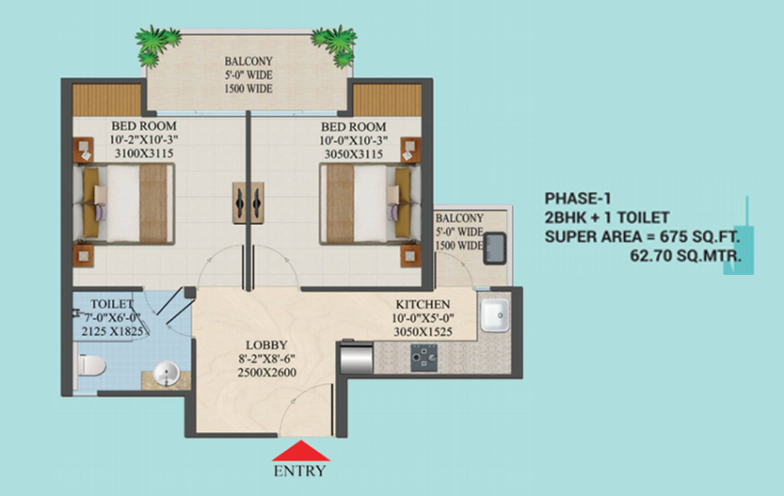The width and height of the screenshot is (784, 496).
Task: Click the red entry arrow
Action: tap(301, 451)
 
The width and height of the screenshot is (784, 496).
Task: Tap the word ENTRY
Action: tap(299, 471)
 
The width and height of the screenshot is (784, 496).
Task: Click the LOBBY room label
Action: tap(266, 345)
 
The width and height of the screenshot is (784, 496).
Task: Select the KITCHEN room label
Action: tap(423, 305)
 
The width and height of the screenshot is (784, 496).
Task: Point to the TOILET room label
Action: tap(112, 304)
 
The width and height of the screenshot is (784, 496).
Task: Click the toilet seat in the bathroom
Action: tap(90, 364)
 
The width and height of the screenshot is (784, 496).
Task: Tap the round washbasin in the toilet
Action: tap(167, 374)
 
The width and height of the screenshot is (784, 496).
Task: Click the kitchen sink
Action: tap(494, 315)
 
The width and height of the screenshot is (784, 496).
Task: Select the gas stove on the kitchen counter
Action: tap(424, 358)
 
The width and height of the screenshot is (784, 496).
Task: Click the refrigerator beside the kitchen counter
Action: tap(356, 358)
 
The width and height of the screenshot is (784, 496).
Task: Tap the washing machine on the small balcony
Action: tap(494, 248)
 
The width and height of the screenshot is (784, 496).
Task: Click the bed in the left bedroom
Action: tap(124, 204)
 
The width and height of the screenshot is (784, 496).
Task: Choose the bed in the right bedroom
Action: tap(370, 204)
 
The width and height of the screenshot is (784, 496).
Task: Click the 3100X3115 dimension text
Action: tap(144, 153)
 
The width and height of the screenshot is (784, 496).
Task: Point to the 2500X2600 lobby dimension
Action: tap(266, 373)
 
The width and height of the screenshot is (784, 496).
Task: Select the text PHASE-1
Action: tap(578, 199)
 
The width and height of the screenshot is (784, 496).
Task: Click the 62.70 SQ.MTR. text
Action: tap(685, 255)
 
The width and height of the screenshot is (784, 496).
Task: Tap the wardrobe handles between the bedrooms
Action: tap(248, 202)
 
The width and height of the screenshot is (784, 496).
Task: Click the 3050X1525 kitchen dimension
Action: tap(423, 331)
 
